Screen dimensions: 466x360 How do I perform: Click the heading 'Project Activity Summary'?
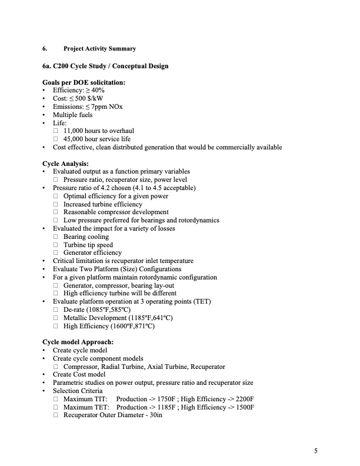tap(99, 48)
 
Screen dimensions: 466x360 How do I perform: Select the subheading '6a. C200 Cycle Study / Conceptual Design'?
tap(105, 66)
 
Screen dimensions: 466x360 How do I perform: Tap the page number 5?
tap(316, 451)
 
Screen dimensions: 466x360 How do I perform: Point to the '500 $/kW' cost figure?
tap(86, 98)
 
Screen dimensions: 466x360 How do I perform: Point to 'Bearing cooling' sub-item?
tap(86, 237)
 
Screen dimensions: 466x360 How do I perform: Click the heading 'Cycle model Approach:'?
tap(78, 342)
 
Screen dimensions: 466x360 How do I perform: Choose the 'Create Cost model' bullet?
tap(79, 374)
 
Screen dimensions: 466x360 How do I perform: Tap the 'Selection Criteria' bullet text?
tap(77, 391)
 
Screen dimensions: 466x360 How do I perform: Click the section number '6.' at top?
tap(45, 48)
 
